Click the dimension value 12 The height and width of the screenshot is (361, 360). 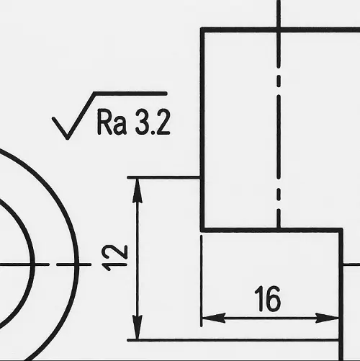tap(114, 257)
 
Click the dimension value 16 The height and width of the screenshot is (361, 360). tap(268, 298)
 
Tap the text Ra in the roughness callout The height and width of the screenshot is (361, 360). tap(112, 122)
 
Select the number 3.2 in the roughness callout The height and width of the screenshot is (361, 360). tap(153, 122)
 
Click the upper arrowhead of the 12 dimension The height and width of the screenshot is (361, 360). tap(138, 190)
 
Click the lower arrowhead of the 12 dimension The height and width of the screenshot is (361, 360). tap(138, 327)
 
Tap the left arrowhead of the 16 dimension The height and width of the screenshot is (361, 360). tap(214, 318)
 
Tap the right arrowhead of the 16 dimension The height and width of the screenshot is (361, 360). tap(327, 318)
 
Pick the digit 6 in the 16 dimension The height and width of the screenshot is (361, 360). tap(273, 299)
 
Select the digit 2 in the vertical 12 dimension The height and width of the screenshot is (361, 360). tap(119, 252)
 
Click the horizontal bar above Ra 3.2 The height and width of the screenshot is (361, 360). tap(130, 94)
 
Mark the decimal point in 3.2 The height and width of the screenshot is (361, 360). tap(151, 132)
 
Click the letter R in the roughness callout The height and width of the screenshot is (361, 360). tap(104, 122)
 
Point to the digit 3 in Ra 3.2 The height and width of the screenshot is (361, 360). tap(142, 122)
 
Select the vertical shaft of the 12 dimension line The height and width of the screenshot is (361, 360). tap(138, 259)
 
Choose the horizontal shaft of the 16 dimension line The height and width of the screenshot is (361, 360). tap(270, 318)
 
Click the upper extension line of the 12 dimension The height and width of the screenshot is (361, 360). tap(163, 177)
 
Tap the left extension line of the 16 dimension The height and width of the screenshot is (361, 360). tap(201, 281)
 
